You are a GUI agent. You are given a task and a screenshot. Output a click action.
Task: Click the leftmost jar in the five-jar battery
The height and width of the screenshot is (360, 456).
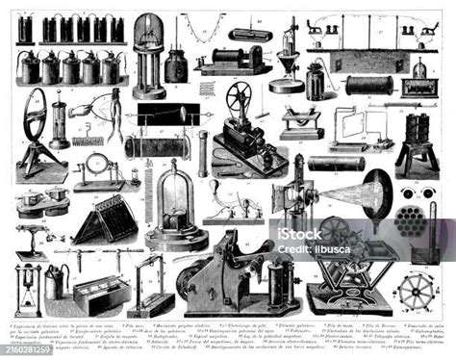point(28,67)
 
